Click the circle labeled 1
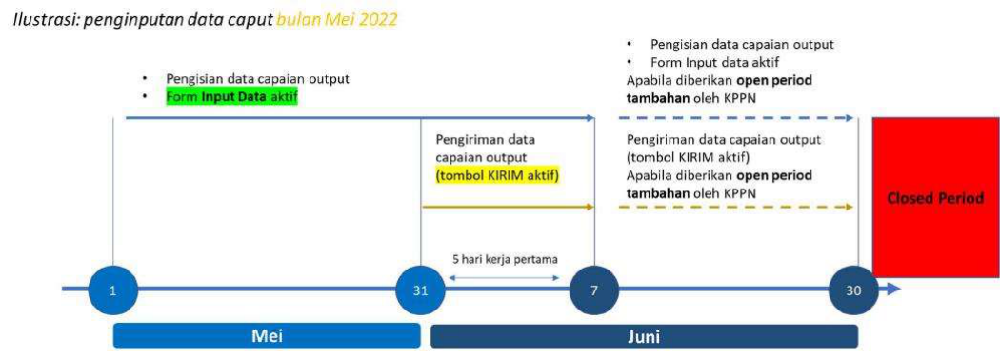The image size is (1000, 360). [113, 290]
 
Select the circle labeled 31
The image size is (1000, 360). [420, 290]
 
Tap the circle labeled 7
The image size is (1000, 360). [593, 290]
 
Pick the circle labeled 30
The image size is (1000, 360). [853, 290]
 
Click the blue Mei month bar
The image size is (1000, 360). [267, 336]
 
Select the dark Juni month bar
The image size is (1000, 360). [644, 336]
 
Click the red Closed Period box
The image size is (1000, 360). [935, 197]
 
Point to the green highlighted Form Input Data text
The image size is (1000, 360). [231, 97]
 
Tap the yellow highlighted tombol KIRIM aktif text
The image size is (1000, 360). [497, 175]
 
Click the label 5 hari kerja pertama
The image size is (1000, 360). [505, 260]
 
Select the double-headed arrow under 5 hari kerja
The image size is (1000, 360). [505, 278]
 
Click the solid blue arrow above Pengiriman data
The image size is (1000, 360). [360, 118]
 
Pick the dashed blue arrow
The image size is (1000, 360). [735, 118]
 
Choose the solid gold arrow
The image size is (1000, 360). [508, 207]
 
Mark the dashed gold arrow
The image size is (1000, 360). [735, 207]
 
